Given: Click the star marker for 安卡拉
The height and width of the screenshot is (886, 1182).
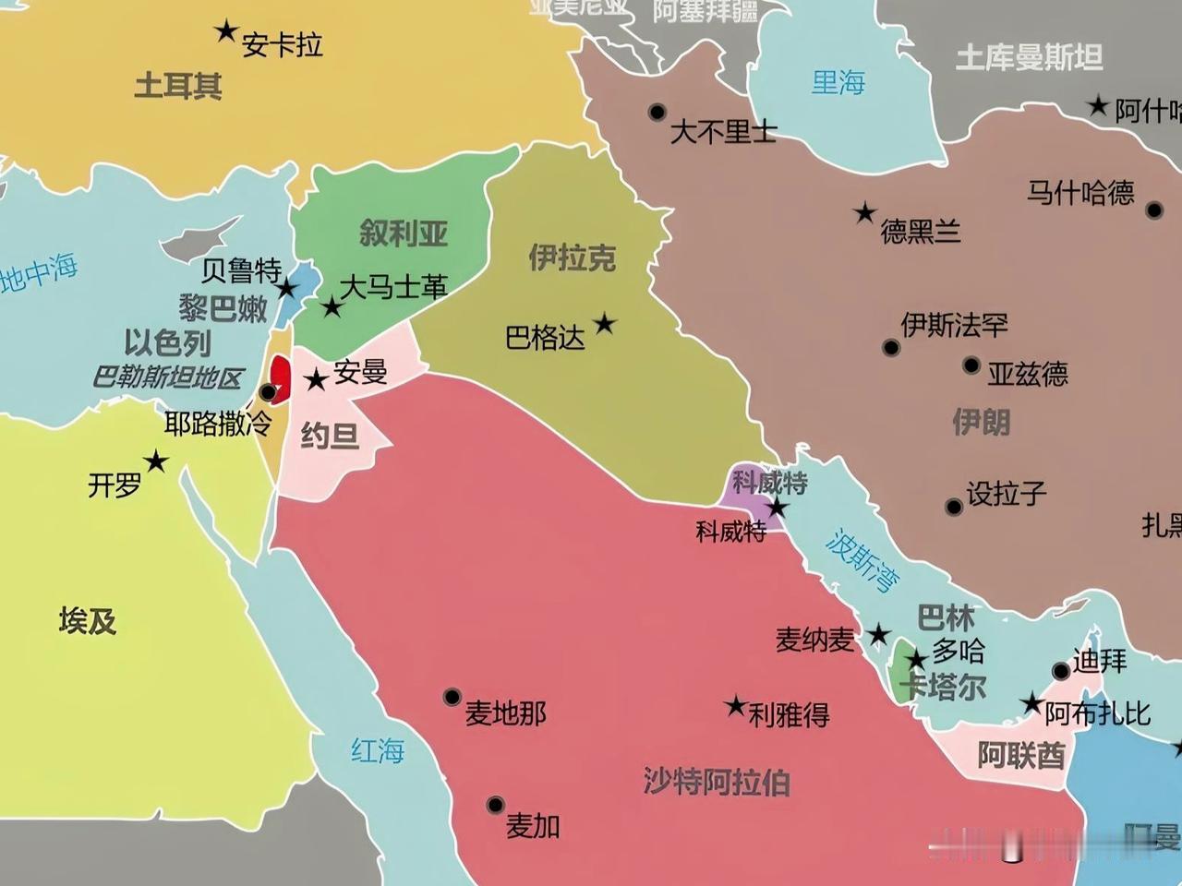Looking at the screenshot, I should [x=225, y=31].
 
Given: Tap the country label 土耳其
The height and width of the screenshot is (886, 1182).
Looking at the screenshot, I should [x=178, y=86].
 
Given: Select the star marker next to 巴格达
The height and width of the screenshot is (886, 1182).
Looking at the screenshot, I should [x=604, y=323].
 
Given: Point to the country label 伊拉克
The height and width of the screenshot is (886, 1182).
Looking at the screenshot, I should [x=572, y=257].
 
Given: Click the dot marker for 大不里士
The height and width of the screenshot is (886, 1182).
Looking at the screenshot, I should [x=657, y=112].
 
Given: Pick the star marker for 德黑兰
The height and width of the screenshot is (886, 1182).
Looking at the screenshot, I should [x=864, y=213].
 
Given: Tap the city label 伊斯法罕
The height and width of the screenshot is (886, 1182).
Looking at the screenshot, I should [x=954, y=324].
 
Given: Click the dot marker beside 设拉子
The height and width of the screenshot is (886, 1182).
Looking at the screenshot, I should [x=954, y=507].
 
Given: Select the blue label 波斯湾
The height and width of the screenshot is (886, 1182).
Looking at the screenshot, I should [x=862, y=560].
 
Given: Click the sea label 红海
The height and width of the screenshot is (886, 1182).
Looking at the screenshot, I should [x=378, y=750].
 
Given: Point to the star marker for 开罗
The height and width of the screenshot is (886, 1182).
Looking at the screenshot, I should [x=155, y=461].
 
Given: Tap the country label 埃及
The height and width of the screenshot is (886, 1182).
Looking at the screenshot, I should [x=88, y=621].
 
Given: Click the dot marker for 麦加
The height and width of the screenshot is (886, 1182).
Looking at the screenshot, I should [x=496, y=805].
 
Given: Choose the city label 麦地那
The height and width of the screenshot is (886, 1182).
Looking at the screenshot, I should [x=505, y=713].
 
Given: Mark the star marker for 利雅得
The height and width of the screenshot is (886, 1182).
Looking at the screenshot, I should [x=735, y=706].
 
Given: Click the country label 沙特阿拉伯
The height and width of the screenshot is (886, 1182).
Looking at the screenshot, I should [x=717, y=782].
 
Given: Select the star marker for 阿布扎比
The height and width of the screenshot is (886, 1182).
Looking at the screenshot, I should [x=1031, y=703].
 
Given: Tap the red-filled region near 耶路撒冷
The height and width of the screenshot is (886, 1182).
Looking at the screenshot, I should [x=281, y=374].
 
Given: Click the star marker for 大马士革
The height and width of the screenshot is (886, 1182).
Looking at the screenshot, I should [x=332, y=306].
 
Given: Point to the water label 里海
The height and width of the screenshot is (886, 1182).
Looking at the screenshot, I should [x=838, y=83].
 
